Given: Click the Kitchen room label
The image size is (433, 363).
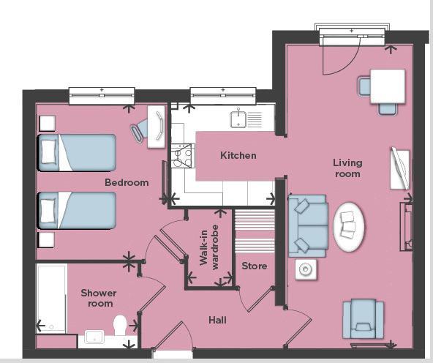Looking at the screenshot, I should (238, 156).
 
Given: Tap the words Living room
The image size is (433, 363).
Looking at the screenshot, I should (347, 168).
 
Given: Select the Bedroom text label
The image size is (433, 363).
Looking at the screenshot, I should (127, 182).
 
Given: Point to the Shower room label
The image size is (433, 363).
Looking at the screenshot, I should (98, 298).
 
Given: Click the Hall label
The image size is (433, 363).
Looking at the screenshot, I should (217, 321).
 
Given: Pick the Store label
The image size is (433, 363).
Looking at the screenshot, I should (254, 266).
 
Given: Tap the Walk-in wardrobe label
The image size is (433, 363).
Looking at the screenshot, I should (210, 249).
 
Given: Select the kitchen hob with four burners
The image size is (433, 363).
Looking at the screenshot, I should (181, 155).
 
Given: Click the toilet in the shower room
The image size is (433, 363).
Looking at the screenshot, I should (121, 324).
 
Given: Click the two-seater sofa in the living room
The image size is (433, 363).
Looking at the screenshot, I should (307, 225).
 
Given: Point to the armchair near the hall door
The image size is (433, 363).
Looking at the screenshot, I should (363, 319).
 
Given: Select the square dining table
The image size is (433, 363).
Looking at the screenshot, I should (388, 86).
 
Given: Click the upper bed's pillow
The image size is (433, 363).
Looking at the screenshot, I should (49, 151).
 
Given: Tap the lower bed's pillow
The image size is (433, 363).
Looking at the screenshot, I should (49, 211).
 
